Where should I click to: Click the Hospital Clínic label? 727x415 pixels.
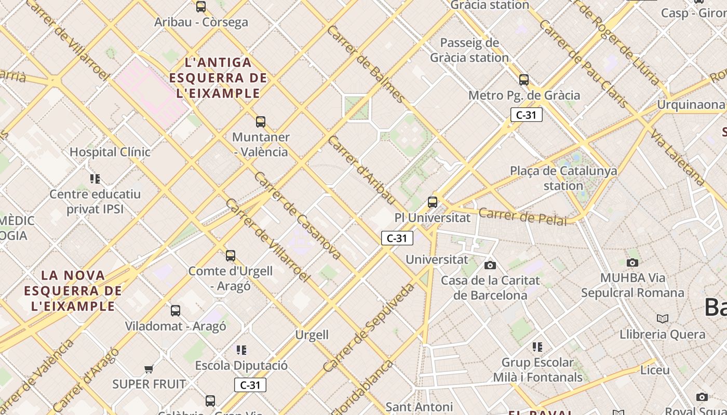110,152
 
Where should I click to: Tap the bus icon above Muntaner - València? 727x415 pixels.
261,122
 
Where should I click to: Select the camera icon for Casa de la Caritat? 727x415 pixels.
490,266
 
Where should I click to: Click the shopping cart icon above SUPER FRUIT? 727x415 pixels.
149,369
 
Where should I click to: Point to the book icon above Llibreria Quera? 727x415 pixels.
663,319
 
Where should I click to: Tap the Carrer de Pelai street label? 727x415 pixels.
522,216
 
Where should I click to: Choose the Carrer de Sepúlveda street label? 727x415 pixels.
369,327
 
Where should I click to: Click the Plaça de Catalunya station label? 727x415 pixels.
563,178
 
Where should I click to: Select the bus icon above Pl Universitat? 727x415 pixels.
433,202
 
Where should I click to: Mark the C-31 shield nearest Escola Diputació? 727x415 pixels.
250,385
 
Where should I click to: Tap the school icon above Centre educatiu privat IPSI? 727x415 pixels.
95,179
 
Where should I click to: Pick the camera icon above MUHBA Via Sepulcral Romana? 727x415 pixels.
632,262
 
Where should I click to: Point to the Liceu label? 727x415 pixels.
655,370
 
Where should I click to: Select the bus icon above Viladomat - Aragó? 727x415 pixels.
176,311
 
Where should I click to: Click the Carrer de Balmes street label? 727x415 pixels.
366,63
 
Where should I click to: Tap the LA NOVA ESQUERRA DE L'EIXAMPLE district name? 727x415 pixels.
73,290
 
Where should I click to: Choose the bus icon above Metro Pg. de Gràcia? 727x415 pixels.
524,80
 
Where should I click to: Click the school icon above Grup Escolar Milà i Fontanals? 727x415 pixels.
537,347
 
